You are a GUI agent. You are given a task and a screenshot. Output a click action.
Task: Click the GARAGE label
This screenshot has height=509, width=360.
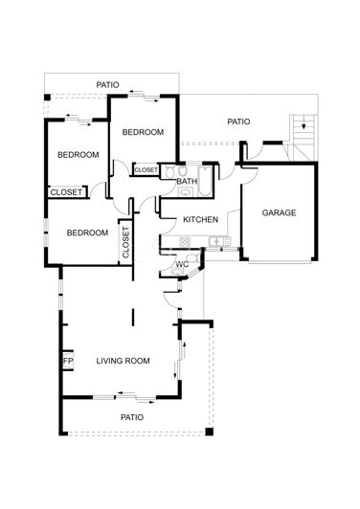[x=279, y=212]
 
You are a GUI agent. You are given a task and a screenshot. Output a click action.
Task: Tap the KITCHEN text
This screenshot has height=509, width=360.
[x=201, y=219]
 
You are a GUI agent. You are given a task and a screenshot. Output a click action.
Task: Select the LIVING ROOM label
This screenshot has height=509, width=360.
[x=124, y=361]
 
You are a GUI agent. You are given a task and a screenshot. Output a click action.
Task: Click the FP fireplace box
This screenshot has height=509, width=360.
[x=68, y=361]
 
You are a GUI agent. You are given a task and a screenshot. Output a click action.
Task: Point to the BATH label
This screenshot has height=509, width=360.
[x=187, y=181]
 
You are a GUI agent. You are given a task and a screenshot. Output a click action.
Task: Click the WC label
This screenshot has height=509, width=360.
[x=181, y=264]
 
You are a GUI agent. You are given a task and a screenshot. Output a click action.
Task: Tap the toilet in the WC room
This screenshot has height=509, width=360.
[x=192, y=259]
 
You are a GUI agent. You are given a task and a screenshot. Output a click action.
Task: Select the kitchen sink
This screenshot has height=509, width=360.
[x=219, y=242]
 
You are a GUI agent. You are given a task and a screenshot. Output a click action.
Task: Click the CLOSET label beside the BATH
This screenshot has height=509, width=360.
[x=146, y=169]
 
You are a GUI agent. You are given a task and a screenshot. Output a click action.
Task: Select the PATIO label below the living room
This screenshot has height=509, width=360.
[x=131, y=417]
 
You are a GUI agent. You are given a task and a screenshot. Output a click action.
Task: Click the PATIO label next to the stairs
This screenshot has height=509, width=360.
[x=238, y=122]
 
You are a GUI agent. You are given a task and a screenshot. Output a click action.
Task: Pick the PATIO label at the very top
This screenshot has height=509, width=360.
[x=108, y=85]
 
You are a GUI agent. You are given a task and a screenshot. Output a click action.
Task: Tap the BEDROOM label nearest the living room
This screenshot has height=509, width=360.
[x=87, y=232]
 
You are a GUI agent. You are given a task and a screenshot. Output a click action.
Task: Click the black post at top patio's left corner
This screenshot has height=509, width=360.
[x=46, y=98]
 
